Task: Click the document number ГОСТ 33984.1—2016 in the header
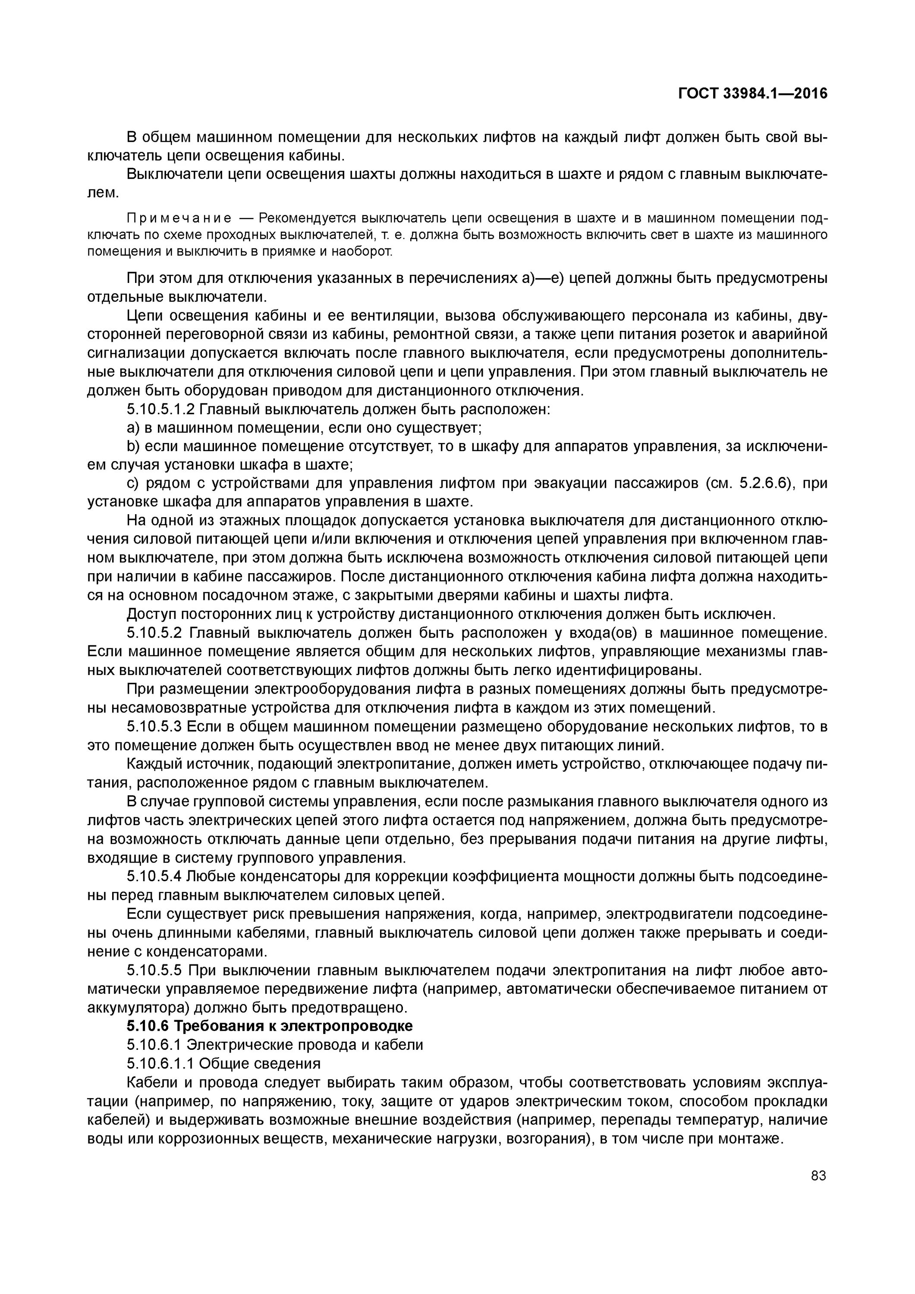tap(753, 94)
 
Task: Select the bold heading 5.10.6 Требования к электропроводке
tap(270, 1026)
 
